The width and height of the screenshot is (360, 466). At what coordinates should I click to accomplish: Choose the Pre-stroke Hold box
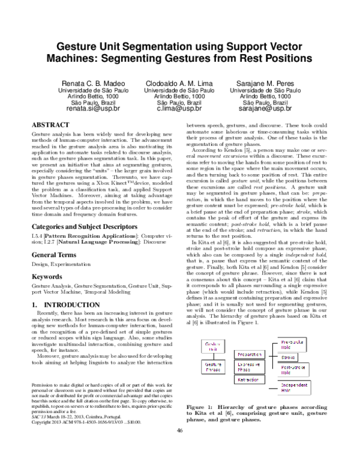(x=294, y=344)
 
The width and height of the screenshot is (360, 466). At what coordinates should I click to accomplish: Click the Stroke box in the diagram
(x=294, y=357)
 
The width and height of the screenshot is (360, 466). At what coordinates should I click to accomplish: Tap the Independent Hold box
(x=294, y=387)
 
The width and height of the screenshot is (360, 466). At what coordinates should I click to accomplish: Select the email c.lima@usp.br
(x=179, y=109)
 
